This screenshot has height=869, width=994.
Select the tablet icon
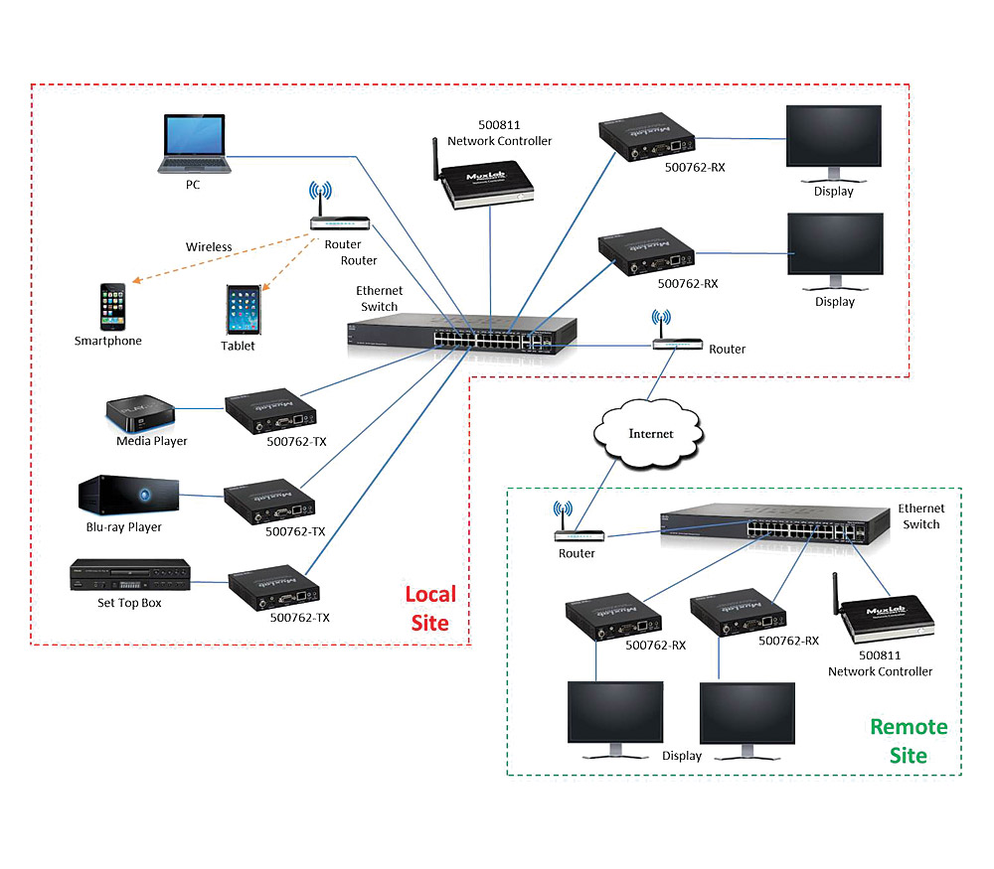[x=243, y=310]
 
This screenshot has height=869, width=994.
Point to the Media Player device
[x=141, y=410]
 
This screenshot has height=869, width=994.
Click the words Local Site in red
[x=429, y=609]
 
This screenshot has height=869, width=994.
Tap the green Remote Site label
[x=909, y=741]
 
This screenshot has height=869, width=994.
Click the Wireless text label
[x=209, y=247]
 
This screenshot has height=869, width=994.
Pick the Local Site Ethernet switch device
[x=462, y=334]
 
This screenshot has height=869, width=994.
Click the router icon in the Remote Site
[x=575, y=529]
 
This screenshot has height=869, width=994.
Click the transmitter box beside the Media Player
[x=270, y=411]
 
